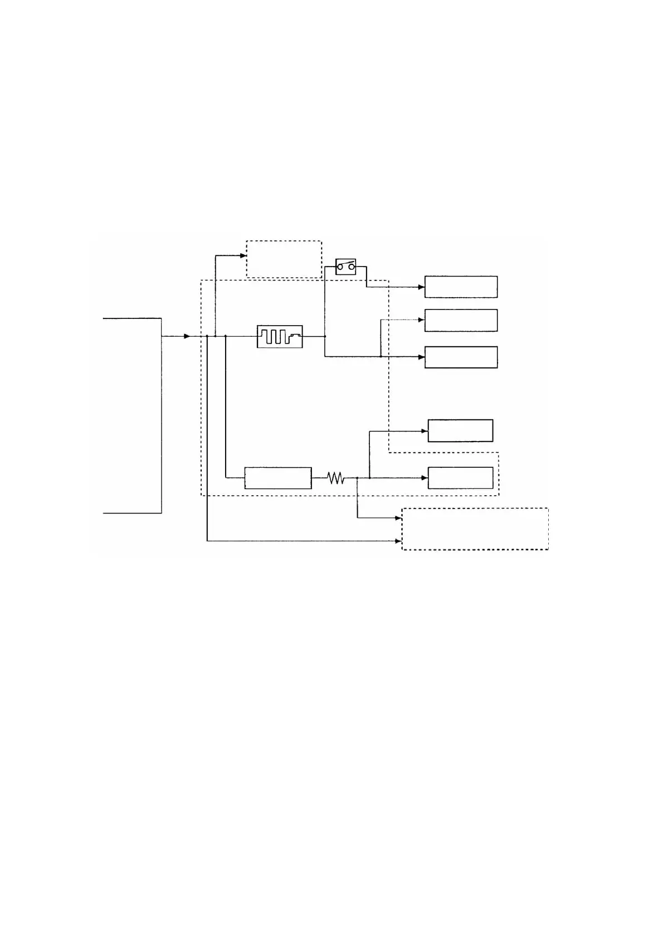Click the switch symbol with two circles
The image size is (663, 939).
pos(345,267)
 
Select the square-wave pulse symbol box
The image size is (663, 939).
pos(280,336)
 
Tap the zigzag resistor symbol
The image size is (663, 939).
pos(335,478)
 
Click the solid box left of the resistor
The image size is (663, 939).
pos(278,478)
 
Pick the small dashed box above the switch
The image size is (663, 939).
pos(284,259)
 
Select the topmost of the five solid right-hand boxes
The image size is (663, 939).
pos(461,287)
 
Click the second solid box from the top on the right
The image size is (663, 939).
pos(461,321)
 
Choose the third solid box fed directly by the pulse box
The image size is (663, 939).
pos(461,357)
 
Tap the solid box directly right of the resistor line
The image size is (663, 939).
pos(460,478)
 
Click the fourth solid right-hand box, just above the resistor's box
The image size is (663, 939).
pos(460,430)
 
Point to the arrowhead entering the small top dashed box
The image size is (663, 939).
pos(243,256)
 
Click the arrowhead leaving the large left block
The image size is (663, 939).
pos(187,336)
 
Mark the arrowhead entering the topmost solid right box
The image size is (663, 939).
pos(422,287)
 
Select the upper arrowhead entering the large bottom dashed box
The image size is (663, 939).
pos(399,518)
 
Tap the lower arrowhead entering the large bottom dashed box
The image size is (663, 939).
pos(399,541)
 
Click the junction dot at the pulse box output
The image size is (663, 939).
pos(325,336)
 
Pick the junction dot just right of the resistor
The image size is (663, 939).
pos(357,478)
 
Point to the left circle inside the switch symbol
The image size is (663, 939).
pos(340,268)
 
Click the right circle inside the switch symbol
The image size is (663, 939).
pos(352,268)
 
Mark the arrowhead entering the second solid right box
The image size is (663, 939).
pos(422,320)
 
